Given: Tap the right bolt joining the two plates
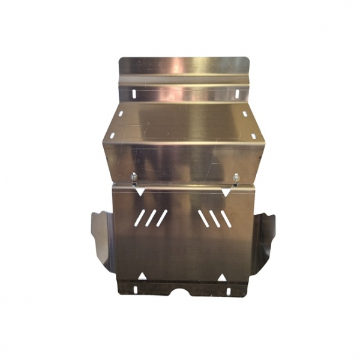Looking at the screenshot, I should [x=236, y=177].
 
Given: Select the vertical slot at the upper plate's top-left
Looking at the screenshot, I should [x=133, y=94].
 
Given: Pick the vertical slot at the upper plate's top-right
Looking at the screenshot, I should [x=237, y=94].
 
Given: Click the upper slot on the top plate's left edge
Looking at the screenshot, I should [x=121, y=113].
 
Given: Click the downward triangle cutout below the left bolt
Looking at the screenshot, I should [x=139, y=192].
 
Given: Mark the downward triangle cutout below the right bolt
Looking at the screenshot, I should [x=225, y=193].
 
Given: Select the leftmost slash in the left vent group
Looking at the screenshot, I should [x=139, y=218].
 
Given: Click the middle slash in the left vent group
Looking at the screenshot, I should [x=151, y=218].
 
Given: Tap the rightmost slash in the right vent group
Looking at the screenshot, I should [x=226, y=219].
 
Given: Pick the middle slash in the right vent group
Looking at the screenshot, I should [x=215, y=219].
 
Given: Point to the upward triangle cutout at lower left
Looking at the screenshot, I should [x=142, y=276].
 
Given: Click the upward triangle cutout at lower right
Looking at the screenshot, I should [x=221, y=277].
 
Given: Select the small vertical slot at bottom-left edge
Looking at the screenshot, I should [x=134, y=289].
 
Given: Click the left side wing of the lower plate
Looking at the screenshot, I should [x=101, y=237].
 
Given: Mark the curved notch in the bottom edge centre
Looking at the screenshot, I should [x=182, y=292].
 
